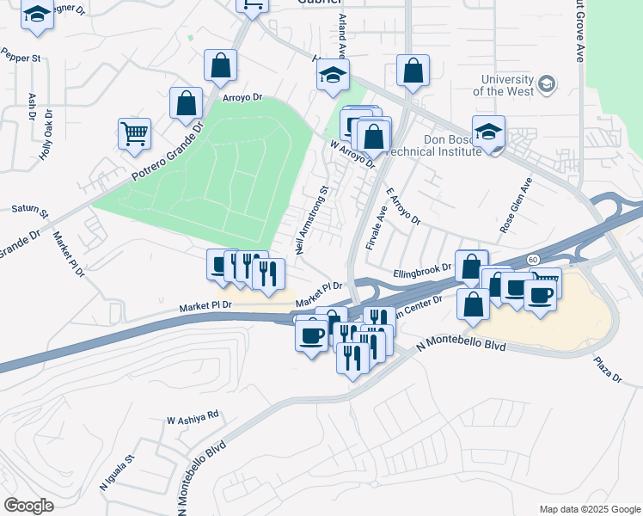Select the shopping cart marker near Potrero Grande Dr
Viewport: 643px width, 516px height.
135,133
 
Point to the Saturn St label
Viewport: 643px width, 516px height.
29,209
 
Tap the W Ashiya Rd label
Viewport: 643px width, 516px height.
193,417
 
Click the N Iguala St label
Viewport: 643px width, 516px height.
117,473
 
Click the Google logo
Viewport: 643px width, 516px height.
28,505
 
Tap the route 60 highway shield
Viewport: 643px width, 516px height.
533,259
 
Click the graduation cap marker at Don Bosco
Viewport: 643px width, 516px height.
488,132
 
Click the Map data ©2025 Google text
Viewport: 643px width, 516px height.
589,509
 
